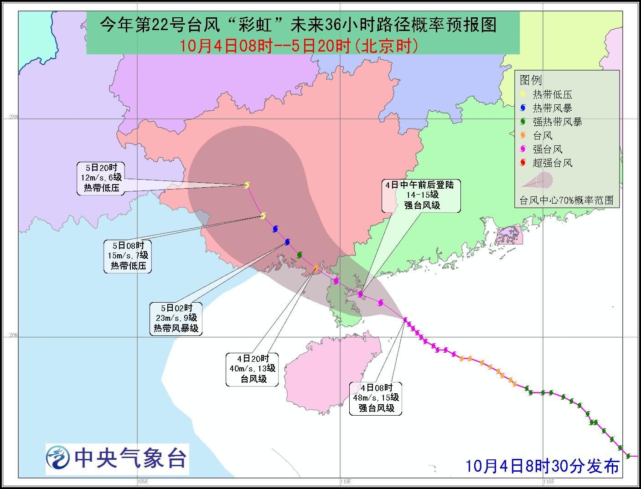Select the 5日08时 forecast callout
pos(128,256)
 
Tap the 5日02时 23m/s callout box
pos(176,318)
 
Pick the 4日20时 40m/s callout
pos(252,369)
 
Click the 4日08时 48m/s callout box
pos(376,398)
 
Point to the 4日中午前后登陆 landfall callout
pos(421,196)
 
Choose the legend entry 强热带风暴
pos(557,122)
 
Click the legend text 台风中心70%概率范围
pos(567,201)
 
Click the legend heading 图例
pos(531,81)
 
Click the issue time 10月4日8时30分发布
pos(542,466)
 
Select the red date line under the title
pos(299,46)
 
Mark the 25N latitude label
pos(13,118)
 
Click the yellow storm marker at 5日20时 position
pos(247,185)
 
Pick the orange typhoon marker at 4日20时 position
pos(316,267)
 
